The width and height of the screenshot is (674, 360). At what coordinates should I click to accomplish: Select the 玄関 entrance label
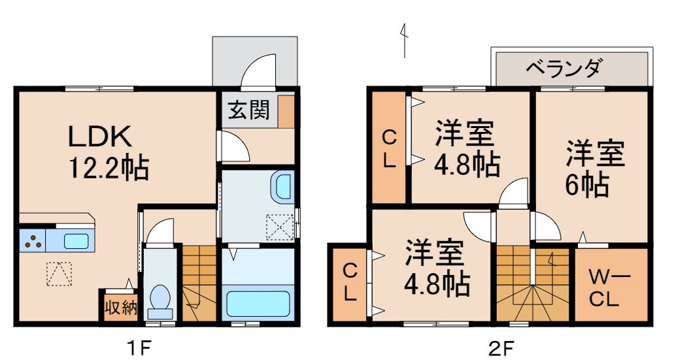click(248, 110)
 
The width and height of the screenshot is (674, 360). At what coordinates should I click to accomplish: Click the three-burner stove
click(31, 242)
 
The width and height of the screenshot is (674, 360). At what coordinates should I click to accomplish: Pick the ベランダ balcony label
click(564, 67)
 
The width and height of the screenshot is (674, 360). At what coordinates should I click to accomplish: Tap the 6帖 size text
click(588, 186)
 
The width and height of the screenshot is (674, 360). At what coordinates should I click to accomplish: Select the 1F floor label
click(140, 346)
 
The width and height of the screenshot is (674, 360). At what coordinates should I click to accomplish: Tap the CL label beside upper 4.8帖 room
click(389, 148)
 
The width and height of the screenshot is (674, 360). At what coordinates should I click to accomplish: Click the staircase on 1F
click(197, 284)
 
